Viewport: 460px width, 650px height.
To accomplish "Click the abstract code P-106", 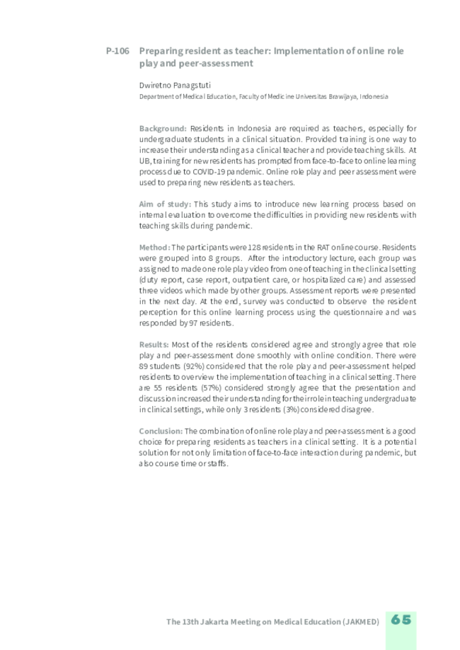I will point(117,52).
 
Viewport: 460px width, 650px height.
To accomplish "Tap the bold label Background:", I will point(163,129).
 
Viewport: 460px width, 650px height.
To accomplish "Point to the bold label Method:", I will point(154,248).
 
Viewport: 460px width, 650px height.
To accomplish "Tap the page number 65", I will point(401,620).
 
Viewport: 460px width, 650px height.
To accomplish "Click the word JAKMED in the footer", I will point(362,622).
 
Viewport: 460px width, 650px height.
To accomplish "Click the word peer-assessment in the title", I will point(217,63).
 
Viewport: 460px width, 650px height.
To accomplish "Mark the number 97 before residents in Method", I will point(193,323).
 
